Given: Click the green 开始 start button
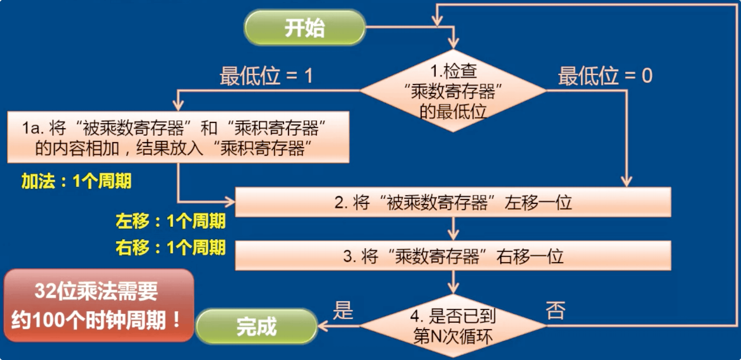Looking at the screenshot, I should pyautogui.click(x=304, y=28).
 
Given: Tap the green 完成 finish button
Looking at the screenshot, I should pyautogui.click(x=256, y=326).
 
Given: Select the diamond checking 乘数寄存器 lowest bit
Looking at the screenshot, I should pyautogui.click(x=453, y=91).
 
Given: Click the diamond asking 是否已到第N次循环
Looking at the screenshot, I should pyautogui.click(x=453, y=326).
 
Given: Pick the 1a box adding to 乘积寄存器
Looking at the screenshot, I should pyautogui.click(x=178, y=137).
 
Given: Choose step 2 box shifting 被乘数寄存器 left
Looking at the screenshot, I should pyautogui.click(x=453, y=202).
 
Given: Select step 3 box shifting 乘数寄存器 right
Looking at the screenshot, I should pyautogui.click(x=453, y=256).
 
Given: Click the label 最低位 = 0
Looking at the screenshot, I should pyautogui.click(x=605, y=77).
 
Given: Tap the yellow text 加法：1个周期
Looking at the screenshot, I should pyautogui.click(x=76, y=181).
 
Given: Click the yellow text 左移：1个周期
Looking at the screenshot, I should pyautogui.click(x=171, y=221).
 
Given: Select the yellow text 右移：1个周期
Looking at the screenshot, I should pyautogui.click(x=171, y=247).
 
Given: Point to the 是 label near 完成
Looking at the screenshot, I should pyautogui.click(x=342, y=310).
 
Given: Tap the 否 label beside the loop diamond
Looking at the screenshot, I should pyautogui.click(x=555, y=310).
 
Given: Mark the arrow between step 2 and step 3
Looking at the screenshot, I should pyautogui.click(x=453, y=231).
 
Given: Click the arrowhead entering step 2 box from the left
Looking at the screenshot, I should pyautogui.click(x=230, y=202).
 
